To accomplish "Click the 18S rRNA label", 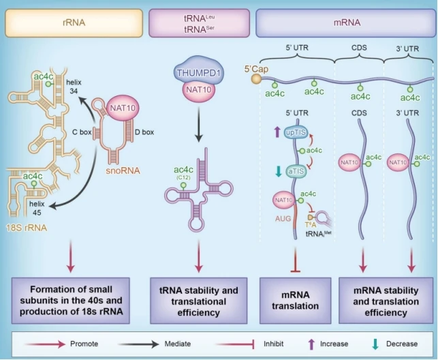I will pos(25,208).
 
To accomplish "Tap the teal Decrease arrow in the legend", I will pos(373,344).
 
